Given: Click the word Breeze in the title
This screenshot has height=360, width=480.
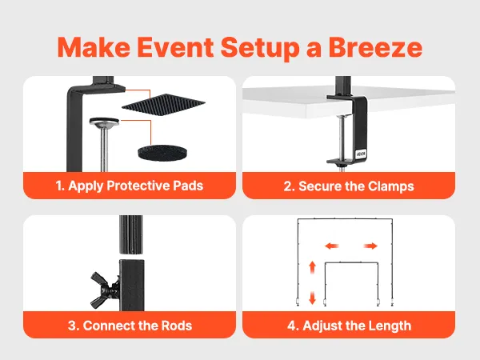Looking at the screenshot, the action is [x=375, y=47].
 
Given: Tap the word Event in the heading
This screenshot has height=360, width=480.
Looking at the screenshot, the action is [x=175, y=47].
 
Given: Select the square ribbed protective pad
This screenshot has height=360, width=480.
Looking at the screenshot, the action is [x=163, y=106].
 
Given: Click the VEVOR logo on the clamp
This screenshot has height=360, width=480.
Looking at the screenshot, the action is [x=362, y=154].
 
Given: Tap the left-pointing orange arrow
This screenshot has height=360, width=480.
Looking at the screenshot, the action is [x=332, y=246].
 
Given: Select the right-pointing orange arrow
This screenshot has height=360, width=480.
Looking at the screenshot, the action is [x=370, y=246].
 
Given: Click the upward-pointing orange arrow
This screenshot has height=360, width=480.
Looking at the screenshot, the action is [x=312, y=267].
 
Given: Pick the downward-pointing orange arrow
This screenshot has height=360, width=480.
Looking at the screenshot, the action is [x=312, y=298].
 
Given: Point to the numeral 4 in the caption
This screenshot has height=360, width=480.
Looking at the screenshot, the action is [x=291, y=326].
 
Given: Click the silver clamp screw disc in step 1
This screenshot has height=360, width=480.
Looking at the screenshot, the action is [x=104, y=122].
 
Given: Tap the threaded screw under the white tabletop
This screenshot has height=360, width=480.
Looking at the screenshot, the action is [x=342, y=138].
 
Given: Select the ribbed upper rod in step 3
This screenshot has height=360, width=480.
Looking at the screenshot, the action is [x=130, y=234].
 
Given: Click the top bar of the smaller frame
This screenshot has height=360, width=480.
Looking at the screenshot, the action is [x=351, y=262].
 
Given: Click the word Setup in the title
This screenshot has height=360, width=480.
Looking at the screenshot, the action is [x=260, y=48].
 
